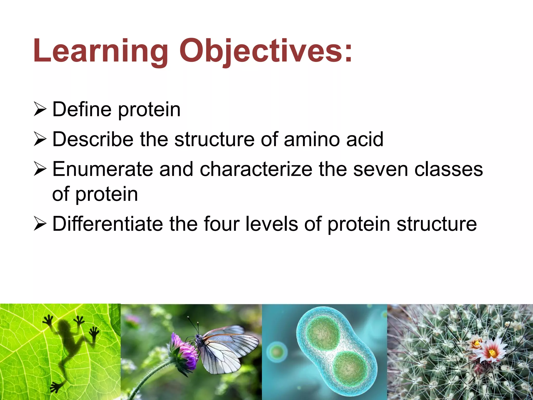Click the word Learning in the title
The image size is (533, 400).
[100, 51]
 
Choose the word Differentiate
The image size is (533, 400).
[107, 224]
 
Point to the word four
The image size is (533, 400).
[221, 224]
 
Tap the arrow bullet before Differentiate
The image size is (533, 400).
[40, 224]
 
